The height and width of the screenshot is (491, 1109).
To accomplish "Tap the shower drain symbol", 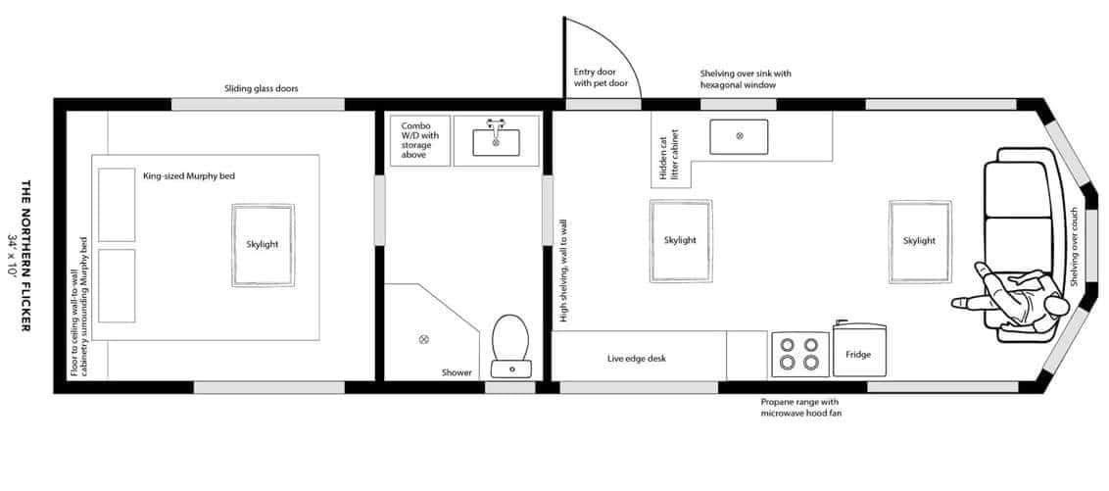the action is pos(423,339).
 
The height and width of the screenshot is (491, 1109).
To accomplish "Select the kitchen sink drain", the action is pos(740,136).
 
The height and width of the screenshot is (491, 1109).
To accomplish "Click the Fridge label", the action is pos(858,355).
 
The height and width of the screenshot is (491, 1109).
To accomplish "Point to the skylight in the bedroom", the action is pos(263,245).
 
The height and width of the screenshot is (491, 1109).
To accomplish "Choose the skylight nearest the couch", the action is pos(920,241).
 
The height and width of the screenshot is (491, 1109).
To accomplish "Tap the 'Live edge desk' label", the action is pos(637,359).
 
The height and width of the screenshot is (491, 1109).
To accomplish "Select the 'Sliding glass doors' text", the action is pos(261,89).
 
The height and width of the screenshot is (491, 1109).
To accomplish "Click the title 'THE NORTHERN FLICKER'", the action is pos(26,255).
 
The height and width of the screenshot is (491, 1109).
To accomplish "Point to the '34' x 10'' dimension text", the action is pos(12,255).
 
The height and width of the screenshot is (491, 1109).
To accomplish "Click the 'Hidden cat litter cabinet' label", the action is pos(668,155).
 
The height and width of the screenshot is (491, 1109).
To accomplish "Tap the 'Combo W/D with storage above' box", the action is pos(420,140).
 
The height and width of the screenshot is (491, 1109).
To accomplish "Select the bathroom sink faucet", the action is pos(495,125).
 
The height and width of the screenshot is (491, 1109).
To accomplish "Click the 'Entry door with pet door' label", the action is pos(594,77).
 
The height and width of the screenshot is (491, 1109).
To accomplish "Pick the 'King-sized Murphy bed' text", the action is pos(189,175).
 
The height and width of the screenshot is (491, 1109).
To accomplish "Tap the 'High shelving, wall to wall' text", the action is pos(563,270).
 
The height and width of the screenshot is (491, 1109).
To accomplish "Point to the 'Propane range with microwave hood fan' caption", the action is pos(800,407).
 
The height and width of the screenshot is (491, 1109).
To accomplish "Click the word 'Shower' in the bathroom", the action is pos(457,372).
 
